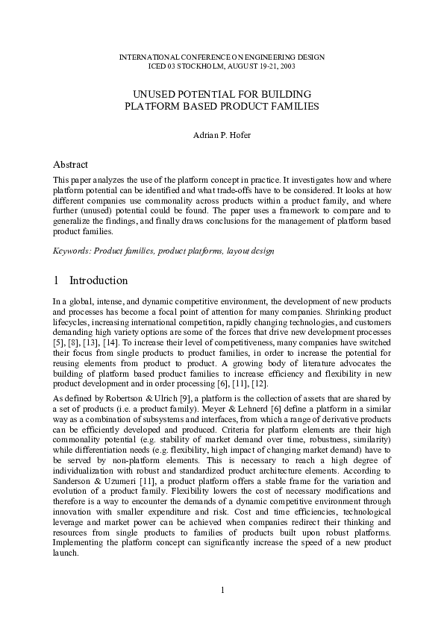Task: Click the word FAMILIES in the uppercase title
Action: (x=293, y=106)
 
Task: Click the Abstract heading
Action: (x=71, y=164)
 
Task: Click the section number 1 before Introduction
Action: (x=56, y=281)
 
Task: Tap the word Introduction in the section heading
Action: (x=99, y=281)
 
